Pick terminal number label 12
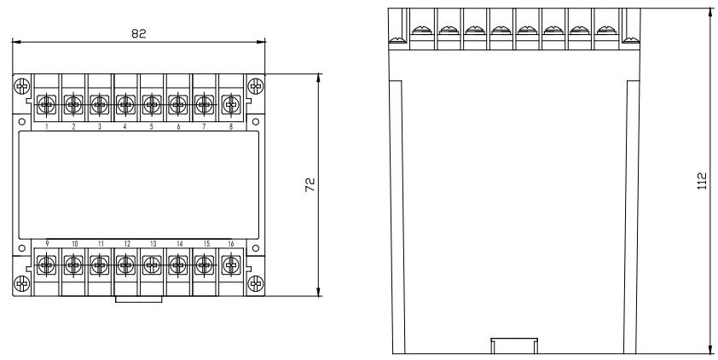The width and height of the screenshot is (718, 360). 125,244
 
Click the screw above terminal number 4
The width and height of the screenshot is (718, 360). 125,105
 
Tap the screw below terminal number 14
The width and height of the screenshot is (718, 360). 177,265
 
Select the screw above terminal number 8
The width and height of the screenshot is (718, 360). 229,105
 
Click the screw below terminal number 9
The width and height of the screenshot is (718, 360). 48,265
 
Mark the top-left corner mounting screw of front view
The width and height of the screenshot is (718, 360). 22,86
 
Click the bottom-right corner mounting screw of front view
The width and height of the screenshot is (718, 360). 254,283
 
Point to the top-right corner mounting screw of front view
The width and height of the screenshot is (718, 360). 254,86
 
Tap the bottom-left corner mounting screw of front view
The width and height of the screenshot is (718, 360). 22,283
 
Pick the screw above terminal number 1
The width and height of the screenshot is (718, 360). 48,105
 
